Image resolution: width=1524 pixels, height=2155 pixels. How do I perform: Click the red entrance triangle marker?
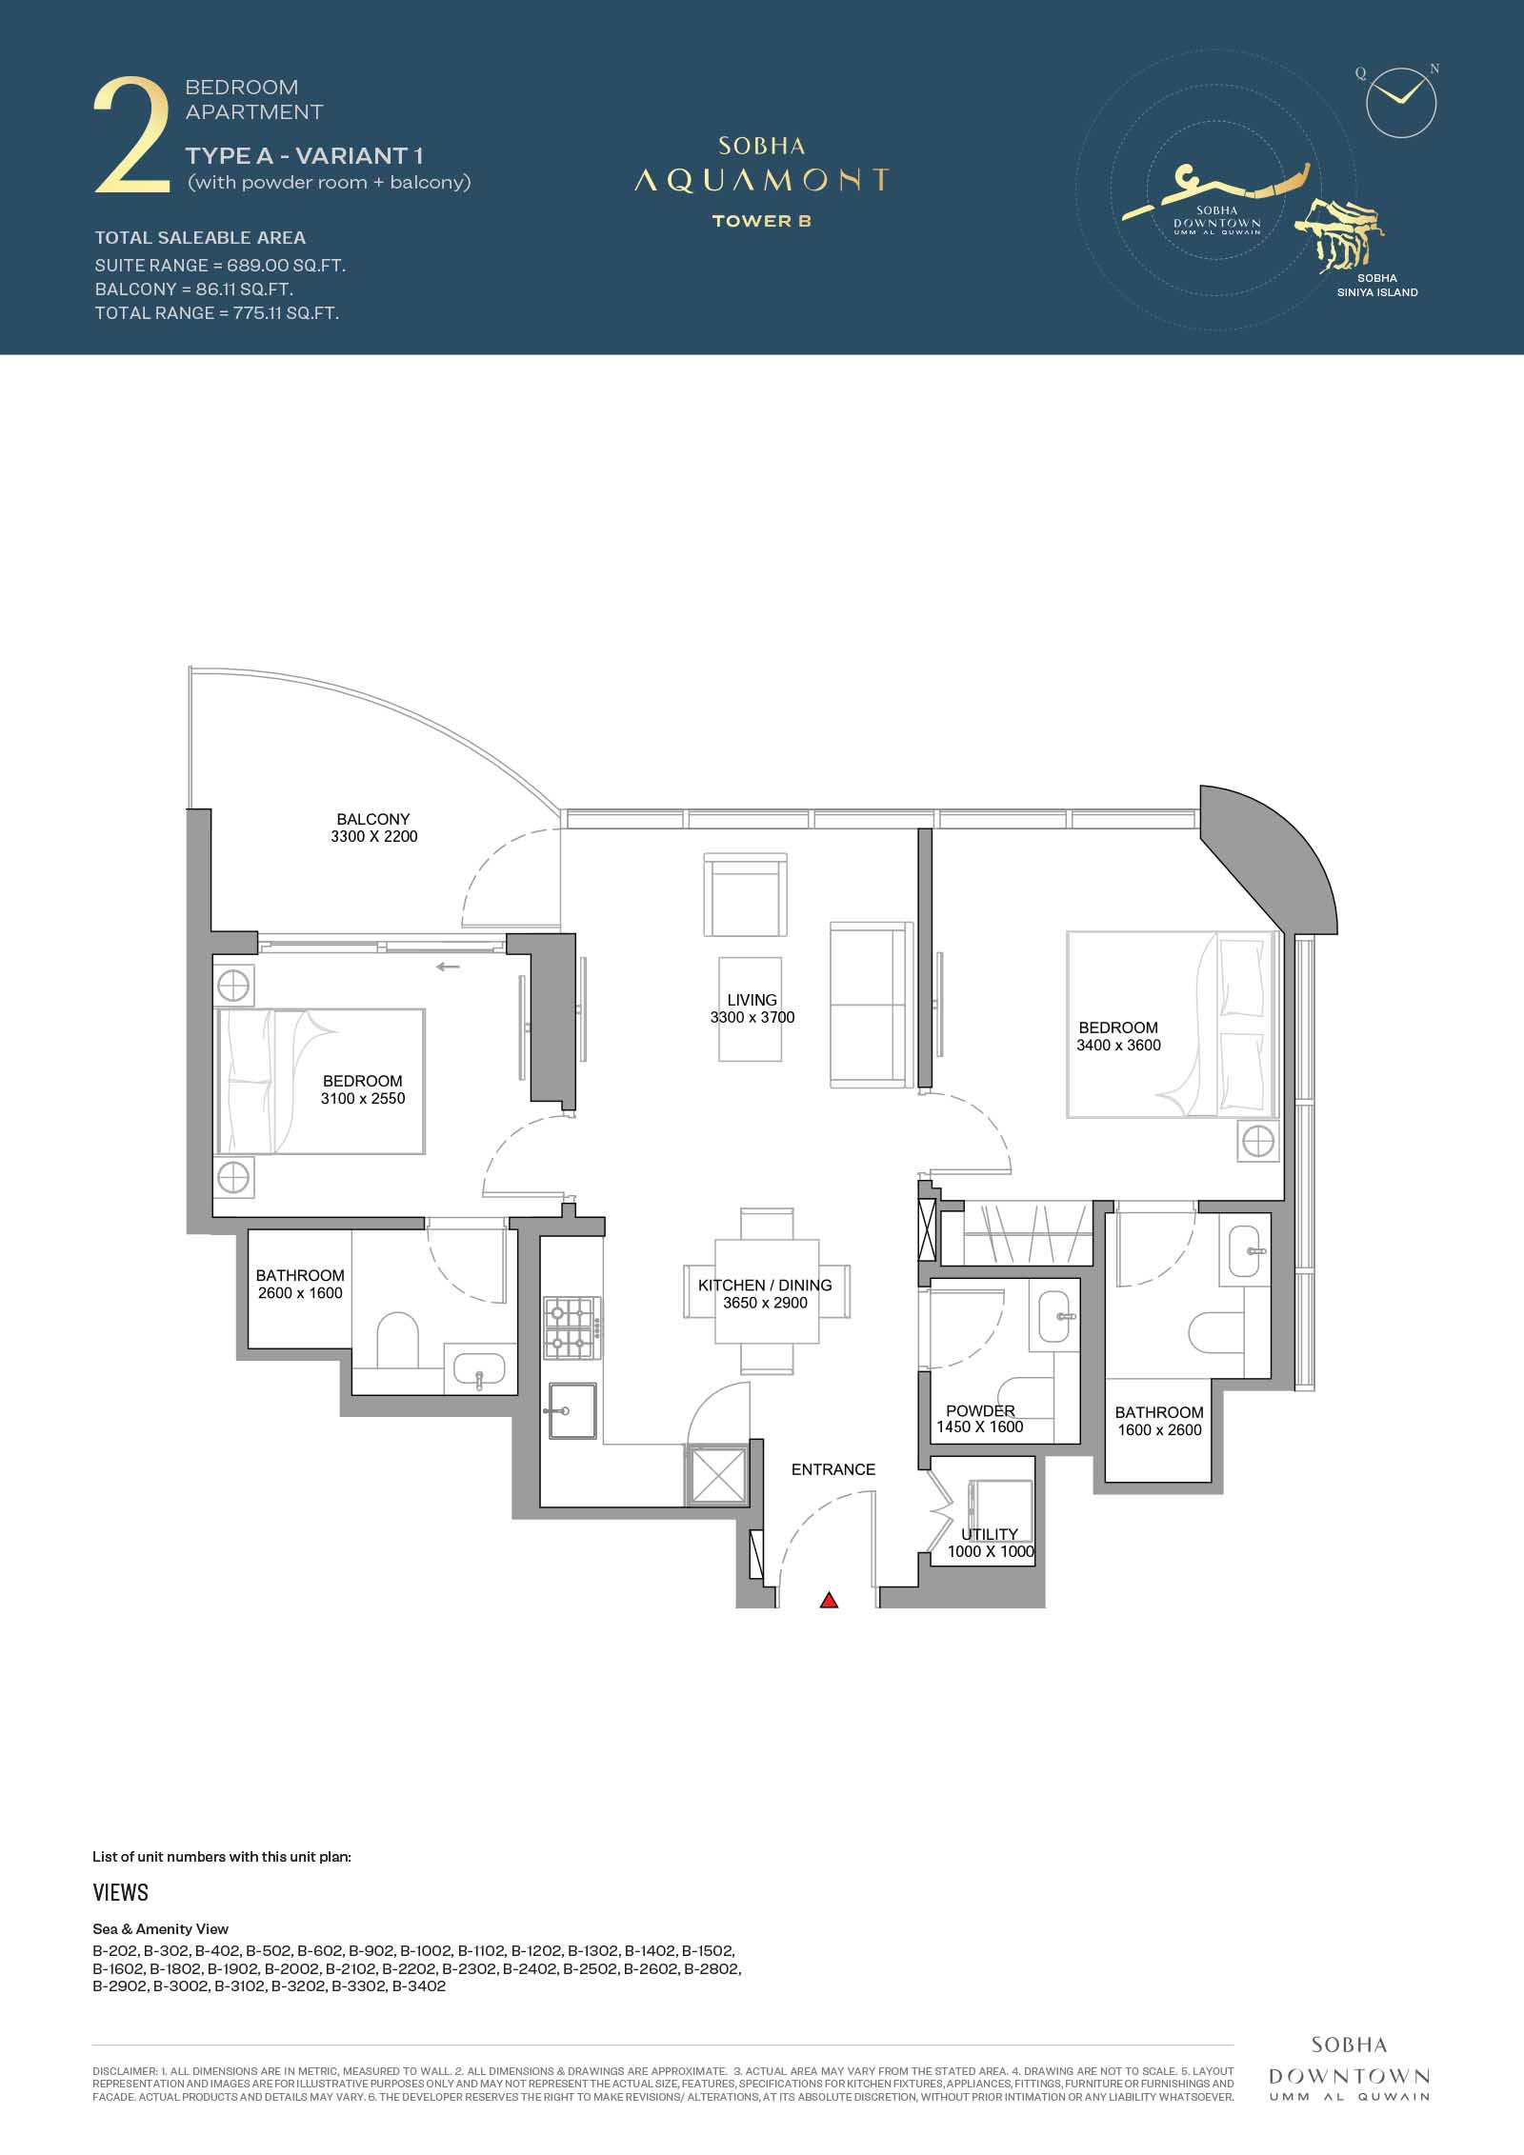[829, 1600]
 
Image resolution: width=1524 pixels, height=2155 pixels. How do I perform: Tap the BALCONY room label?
[373, 819]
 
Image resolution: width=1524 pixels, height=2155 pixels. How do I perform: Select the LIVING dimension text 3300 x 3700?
[752, 1017]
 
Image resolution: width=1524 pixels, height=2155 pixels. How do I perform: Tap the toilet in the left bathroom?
[398, 1341]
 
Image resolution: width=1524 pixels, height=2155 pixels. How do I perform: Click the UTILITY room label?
[990, 1534]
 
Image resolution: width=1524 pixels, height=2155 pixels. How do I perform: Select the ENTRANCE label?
[833, 1469]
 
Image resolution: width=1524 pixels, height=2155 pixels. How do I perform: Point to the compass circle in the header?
[1400, 102]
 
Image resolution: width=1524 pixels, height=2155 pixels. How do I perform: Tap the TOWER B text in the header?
[762, 221]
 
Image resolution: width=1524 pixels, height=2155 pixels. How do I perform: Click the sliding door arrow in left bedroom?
[448, 968]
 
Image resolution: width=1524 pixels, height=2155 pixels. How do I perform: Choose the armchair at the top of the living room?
[746, 895]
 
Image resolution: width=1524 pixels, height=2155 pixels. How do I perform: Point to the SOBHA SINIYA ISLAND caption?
[1376, 286]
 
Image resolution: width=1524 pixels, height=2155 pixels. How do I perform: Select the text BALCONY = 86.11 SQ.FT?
[193, 289]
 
